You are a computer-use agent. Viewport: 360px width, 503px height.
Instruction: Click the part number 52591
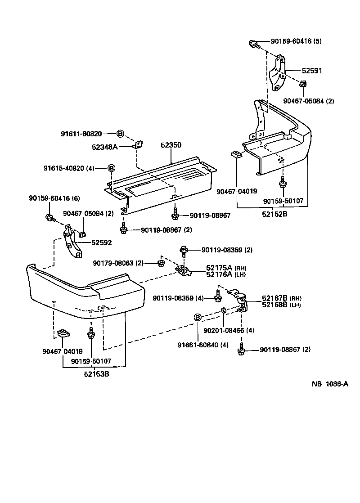click(312, 71)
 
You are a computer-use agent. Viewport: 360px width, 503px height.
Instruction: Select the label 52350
click(171, 145)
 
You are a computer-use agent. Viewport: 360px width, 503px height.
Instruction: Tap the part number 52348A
click(105, 147)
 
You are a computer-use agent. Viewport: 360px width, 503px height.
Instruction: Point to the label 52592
click(102, 243)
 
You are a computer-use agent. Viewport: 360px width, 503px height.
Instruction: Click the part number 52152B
click(274, 214)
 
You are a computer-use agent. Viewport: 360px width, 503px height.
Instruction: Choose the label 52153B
click(97, 374)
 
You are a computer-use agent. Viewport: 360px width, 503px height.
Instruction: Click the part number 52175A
click(219, 268)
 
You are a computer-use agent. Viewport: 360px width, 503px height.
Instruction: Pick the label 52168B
click(274, 305)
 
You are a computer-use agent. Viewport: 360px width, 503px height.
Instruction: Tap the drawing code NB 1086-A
click(330, 384)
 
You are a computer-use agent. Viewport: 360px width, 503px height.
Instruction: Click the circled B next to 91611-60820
click(120, 134)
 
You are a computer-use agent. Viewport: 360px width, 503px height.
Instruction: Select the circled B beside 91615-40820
click(111, 168)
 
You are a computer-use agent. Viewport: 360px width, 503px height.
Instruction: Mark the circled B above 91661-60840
click(198, 318)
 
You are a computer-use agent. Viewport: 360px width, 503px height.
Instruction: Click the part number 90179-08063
click(113, 263)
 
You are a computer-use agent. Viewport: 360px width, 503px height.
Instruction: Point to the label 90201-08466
click(224, 330)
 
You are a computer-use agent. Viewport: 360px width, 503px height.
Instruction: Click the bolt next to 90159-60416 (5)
click(254, 44)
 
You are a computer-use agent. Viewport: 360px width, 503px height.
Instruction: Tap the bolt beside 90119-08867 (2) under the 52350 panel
click(124, 228)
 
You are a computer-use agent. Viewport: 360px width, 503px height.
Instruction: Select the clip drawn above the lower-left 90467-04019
click(63, 334)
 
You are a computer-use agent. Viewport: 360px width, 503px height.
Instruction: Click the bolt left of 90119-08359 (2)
click(184, 251)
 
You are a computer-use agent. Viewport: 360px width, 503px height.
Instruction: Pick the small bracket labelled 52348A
click(139, 144)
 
